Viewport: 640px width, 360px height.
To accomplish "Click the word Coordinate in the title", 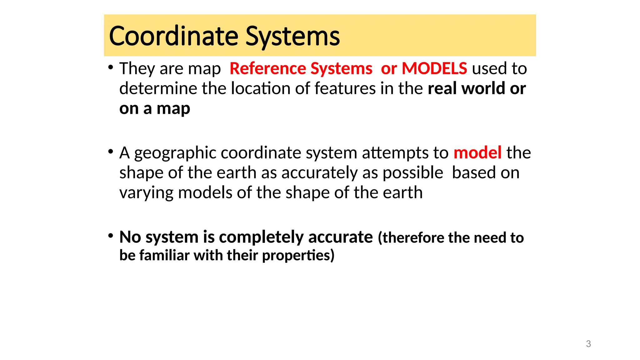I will tap(173, 36).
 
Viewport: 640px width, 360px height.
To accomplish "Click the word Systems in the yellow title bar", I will tap(292, 36).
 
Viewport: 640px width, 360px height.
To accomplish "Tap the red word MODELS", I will tap(434, 68).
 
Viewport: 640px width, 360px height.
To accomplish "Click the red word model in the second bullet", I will tap(477, 153).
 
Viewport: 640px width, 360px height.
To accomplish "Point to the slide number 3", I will tap(588, 344).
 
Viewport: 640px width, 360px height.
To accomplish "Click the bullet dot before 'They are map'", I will tap(111, 67).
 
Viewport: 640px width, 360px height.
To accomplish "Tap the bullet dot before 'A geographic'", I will tap(111, 152).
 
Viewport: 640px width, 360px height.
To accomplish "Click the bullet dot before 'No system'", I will tap(111, 236).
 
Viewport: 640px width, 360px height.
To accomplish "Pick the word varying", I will tap(146, 193).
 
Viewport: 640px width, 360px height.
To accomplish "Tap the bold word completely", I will tap(261, 237).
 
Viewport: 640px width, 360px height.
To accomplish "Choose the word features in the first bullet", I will tap(345, 88).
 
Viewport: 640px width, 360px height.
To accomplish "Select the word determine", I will tap(158, 88).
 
